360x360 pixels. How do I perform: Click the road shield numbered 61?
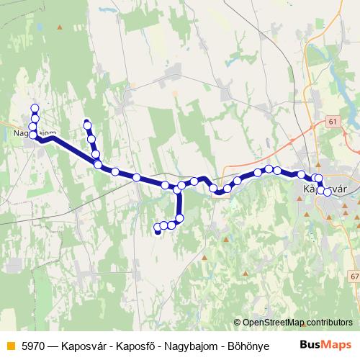(330, 122)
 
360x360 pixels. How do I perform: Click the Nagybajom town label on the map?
(35, 133)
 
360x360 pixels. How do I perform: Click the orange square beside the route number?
(10, 344)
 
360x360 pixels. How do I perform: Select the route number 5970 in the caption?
(35, 344)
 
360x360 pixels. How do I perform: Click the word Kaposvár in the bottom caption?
(95, 344)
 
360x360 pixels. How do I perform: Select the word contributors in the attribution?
(328, 322)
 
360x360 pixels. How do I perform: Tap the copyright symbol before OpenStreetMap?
(238, 322)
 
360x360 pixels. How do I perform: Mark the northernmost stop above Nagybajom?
(35, 108)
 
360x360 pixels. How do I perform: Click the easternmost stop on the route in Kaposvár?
(328, 192)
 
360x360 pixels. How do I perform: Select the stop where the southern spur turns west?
(179, 218)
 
